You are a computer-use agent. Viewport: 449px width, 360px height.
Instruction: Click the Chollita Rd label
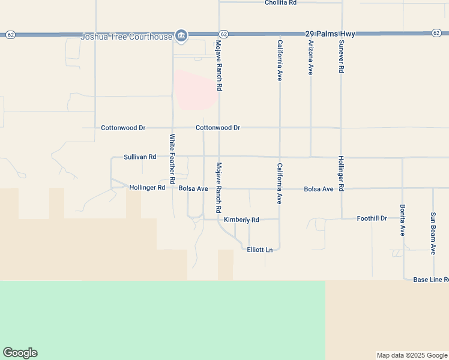click(x=281, y=3)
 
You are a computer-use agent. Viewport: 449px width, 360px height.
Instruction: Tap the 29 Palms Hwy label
click(x=329, y=34)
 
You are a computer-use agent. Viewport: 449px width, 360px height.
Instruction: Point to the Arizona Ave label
click(x=311, y=57)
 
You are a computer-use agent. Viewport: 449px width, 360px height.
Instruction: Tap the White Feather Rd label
click(x=172, y=158)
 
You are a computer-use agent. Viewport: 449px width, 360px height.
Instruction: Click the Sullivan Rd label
click(x=140, y=157)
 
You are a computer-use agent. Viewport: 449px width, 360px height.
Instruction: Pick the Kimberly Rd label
click(x=241, y=220)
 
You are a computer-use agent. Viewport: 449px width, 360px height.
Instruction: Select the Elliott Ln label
click(x=260, y=250)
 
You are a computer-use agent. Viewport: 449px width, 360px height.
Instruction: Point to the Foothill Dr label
click(x=372, y=218)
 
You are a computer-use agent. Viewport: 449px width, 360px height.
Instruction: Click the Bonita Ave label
click(x=403, y=219)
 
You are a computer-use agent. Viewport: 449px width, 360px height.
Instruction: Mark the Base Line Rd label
click(x=430, y=280)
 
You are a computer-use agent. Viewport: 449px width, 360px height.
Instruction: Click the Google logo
click(x=20, y=353)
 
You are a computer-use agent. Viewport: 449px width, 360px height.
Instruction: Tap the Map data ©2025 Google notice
click(x=411, y=355)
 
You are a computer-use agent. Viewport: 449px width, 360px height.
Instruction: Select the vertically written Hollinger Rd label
click(x=341, y=173)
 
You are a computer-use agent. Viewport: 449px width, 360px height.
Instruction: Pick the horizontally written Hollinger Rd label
click(x=147, y=188)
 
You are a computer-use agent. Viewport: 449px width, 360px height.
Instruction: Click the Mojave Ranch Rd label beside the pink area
click(x=220, y=66)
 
